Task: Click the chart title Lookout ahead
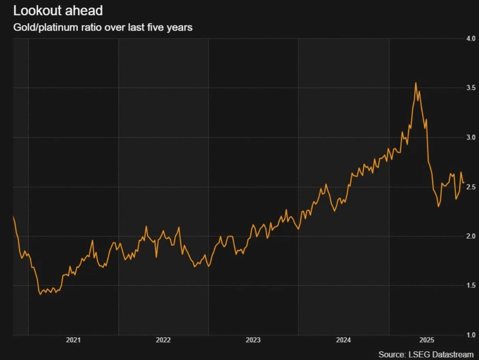coord(58,11)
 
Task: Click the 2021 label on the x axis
coord(73,340)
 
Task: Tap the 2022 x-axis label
coord(163,340)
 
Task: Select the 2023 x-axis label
coord(253,340)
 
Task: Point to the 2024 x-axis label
coord(343,340)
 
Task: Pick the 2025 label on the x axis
coord(427,340)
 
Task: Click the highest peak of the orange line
coord(416,83)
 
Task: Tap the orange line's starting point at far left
coord(14,217)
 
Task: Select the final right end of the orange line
coord(463,183)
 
